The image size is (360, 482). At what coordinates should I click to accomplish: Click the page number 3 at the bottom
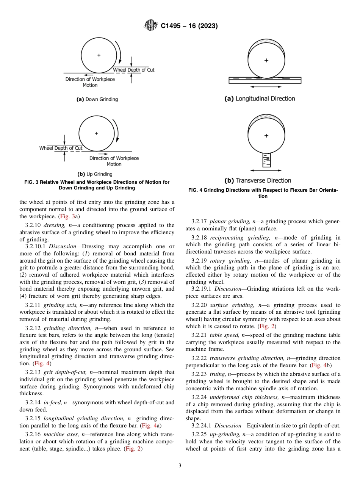click(180, 465)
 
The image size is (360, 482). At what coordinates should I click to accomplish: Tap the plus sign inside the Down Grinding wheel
click(99, 55)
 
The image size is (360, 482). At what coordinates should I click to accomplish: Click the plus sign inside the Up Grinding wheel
click(96, 133)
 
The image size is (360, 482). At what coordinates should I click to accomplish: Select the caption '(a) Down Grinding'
click(97, 99)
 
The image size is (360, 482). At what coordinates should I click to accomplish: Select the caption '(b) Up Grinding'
click(95, 174)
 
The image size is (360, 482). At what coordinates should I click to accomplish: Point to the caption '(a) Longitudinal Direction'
click(260, 99)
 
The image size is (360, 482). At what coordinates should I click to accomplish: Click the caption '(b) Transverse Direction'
click(258, 180)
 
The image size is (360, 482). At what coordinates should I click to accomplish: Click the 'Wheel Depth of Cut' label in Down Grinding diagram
click(134, 70)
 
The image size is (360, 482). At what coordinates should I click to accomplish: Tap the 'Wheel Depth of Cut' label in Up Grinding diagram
click(61, 148)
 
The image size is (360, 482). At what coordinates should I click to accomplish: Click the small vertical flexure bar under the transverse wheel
click(266, 160)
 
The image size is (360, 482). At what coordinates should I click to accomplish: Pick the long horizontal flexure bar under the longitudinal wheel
click(265, 80)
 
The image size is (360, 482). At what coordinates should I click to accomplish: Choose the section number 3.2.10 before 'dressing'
click(33, 225)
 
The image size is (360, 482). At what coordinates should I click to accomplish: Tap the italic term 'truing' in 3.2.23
click(217, 374)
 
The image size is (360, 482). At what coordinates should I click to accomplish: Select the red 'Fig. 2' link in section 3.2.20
click(269, 326)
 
